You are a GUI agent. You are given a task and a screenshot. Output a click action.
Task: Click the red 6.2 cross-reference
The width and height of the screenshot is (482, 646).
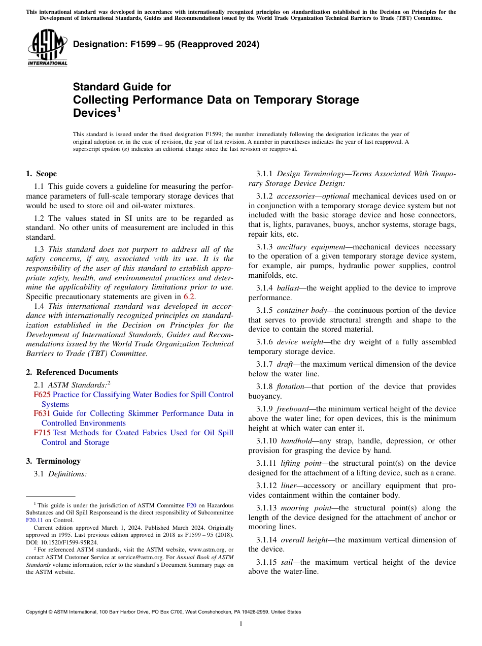189,297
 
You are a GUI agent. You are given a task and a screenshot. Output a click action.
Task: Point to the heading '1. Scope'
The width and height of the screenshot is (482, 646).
42,174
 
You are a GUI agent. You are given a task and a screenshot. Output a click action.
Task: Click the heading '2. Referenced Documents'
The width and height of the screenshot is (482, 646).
72,372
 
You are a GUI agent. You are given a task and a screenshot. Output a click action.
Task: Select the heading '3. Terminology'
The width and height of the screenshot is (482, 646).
53,461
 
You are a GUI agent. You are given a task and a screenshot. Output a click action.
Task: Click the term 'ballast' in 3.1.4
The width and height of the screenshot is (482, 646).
288,288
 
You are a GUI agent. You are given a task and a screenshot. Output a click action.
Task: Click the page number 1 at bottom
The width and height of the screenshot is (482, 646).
241,624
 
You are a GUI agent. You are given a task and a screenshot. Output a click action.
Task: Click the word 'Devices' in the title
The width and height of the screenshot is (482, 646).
94,113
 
